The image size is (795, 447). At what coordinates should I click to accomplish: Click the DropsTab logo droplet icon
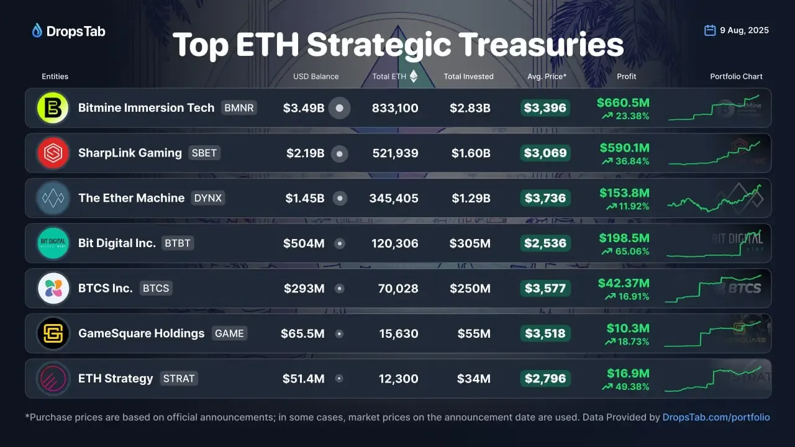37,30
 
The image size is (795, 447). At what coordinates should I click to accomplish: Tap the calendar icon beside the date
710,30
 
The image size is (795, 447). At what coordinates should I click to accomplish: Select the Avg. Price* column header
547,76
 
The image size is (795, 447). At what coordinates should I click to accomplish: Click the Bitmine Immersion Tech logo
53,108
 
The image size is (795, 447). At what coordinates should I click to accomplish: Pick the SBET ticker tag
204,153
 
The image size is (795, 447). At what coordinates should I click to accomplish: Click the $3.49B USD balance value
304,108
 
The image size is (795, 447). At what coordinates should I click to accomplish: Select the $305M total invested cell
470,243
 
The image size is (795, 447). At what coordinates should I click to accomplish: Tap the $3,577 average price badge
545,288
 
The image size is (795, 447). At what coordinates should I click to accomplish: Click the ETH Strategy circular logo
53,378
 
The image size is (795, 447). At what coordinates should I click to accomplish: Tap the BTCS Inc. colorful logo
53,288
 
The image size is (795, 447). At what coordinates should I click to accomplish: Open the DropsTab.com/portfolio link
716,417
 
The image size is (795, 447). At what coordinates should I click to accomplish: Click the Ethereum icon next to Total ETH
414,76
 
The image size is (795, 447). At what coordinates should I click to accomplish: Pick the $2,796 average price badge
545,378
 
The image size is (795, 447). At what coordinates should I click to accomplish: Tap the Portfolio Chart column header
736,76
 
